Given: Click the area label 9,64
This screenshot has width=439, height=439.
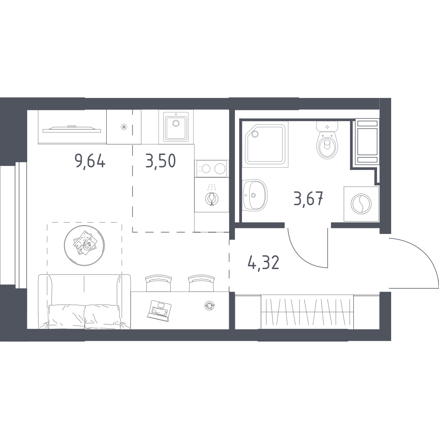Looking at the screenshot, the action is pyautogui.click(x=90, y=161).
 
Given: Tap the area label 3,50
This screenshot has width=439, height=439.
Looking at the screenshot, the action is pyautogui.click(x=160, y=161).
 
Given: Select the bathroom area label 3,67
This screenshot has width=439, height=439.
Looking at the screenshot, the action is pyautogui.click(x=309, y=199).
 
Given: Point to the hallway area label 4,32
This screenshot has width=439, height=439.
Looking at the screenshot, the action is pyautogui.click(x=263, y=263).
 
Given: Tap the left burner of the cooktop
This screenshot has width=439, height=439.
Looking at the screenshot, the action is pyautogui.click(x=206, y=169).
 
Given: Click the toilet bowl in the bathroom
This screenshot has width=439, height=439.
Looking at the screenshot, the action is pyautogui.click(x=327, y=144).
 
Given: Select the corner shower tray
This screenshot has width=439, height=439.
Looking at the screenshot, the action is pyautogui.click(x=266, y=144).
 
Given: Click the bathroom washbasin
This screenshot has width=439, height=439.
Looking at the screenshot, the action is pyautogui.click(x=254, y=195).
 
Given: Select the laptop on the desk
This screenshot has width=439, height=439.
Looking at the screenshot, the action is pyautogui.click(x=158, y=310).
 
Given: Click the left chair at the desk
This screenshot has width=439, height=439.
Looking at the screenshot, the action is pyautogui.click(x=158, y=283).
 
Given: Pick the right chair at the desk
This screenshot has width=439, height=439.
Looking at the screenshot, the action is pyautogui.click(x=202, y=283).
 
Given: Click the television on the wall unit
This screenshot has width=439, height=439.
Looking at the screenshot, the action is pyautogui.click(x=72, y=130).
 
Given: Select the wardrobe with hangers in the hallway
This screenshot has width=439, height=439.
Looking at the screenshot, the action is pyautogui.click(x=307, y=312).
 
